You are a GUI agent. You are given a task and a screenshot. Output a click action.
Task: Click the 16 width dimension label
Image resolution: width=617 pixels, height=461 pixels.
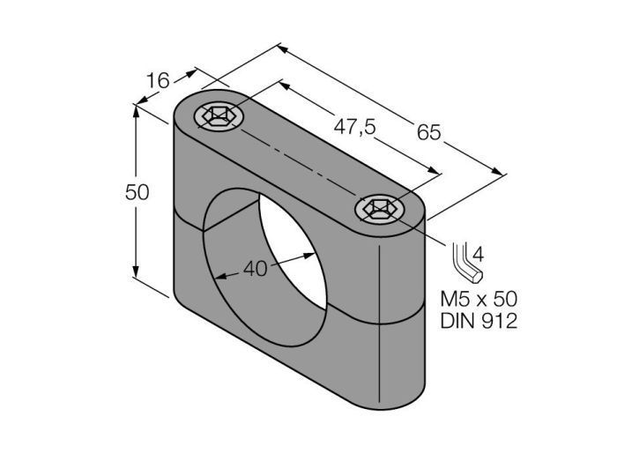click(x=158, y=81)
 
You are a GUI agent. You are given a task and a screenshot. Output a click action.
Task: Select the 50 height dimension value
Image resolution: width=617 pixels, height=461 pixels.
click(x=137, y=191)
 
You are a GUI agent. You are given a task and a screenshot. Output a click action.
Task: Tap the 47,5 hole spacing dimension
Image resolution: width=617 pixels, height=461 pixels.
click(x=355, y=126)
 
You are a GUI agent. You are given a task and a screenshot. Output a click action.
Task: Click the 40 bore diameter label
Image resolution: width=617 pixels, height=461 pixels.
click(x=255, y=270)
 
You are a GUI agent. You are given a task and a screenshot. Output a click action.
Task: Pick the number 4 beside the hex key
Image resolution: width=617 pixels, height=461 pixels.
click(x=479, y=254)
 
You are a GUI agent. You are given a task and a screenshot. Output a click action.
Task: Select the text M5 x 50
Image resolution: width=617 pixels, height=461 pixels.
click(x=476, y=298)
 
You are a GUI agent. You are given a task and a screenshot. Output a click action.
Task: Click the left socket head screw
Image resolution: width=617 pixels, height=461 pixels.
click(x=216, y=115)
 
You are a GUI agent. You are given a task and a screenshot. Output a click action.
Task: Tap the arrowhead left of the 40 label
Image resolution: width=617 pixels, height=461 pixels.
click(x=219, y=278)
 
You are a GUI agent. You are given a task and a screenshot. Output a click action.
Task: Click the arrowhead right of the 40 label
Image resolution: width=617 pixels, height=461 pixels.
click(x=314, y=254)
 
